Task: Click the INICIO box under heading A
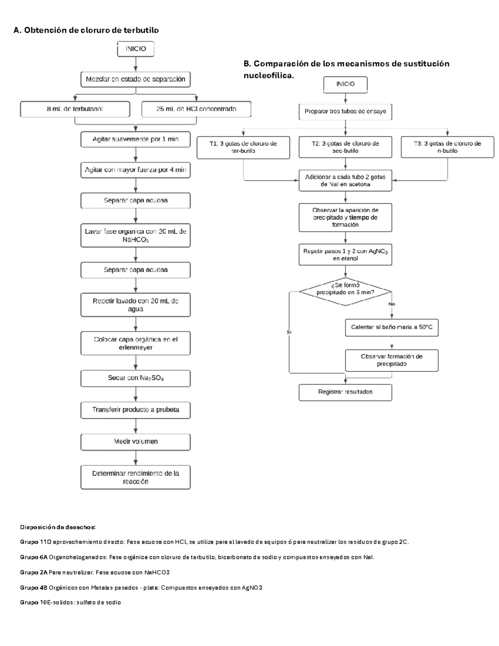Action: coord(136,49)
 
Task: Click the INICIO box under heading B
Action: coord(345,84)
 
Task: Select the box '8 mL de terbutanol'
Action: coord(75,109)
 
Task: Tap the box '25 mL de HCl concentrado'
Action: coord(196,109)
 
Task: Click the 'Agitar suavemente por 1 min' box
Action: coord(136,139)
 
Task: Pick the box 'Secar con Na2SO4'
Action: coord(136,378)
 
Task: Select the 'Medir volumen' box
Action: coord(136,442)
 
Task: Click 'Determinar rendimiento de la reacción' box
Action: coord(136,477)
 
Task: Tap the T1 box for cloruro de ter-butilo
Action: coord(243,147)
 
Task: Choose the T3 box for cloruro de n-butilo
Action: coord(447,147)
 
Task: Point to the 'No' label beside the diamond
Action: coord(392,304)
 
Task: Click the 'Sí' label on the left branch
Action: coord(289,332)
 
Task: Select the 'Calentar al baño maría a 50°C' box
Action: coord(391,327)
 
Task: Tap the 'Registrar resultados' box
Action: coord(345,392)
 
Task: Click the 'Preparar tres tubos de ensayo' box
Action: coord(345,111)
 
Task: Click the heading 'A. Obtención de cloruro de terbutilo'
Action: coord(86,30)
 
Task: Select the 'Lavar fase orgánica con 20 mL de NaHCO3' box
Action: coord(136,235)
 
